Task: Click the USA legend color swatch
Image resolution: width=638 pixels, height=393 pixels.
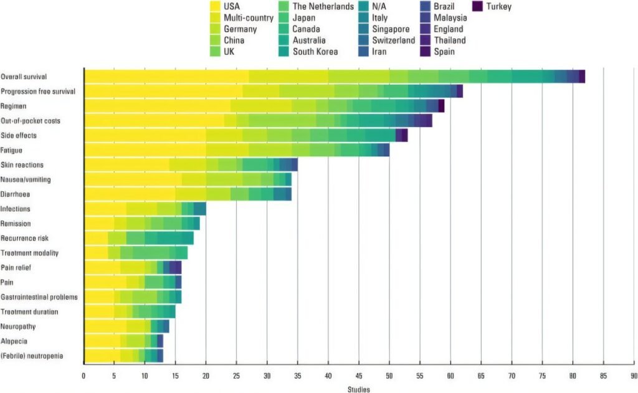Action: click(x=215, y=7)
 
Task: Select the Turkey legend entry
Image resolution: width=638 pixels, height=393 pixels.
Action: click(x=496, y=7)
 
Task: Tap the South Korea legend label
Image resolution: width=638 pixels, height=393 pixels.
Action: click(x=315, y=52)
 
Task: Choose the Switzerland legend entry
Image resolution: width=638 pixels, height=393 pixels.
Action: click(x=393, y=40)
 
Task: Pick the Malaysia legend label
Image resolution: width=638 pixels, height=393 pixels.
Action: click(x=449, y=18)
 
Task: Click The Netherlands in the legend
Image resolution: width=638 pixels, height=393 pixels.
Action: click(x=323, y=7)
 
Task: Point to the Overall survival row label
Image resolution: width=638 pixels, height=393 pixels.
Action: click(x=25, y=77)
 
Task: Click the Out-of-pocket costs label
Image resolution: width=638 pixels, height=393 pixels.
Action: click(x=31, y=121)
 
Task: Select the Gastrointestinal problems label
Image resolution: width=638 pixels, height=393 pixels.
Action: click(x=39, y=297)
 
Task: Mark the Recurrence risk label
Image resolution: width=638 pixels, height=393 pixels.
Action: click(x=24, y=239)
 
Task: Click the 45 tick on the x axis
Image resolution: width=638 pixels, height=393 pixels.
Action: click(x=359, y=376)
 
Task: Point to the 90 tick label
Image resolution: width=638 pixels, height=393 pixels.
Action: click(x=633, y=376)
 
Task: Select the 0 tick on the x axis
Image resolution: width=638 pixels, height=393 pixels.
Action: click(x=84, y=376)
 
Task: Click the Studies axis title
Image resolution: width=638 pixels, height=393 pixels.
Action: click(x=359, y=390)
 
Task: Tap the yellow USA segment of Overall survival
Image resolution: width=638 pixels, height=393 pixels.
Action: click(x=166, y=77)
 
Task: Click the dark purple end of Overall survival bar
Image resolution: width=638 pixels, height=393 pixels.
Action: click(x=582, y=77)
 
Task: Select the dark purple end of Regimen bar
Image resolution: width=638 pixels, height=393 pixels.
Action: click(x=441, y=106)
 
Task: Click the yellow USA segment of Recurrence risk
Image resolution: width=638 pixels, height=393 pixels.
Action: click(x=96, y=239)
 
